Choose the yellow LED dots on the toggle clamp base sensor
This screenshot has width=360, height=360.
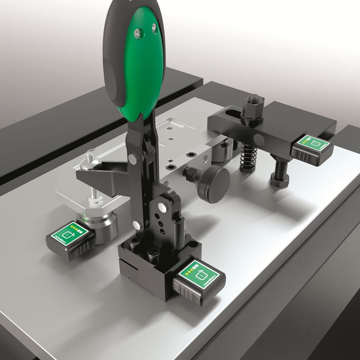(193, 270)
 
